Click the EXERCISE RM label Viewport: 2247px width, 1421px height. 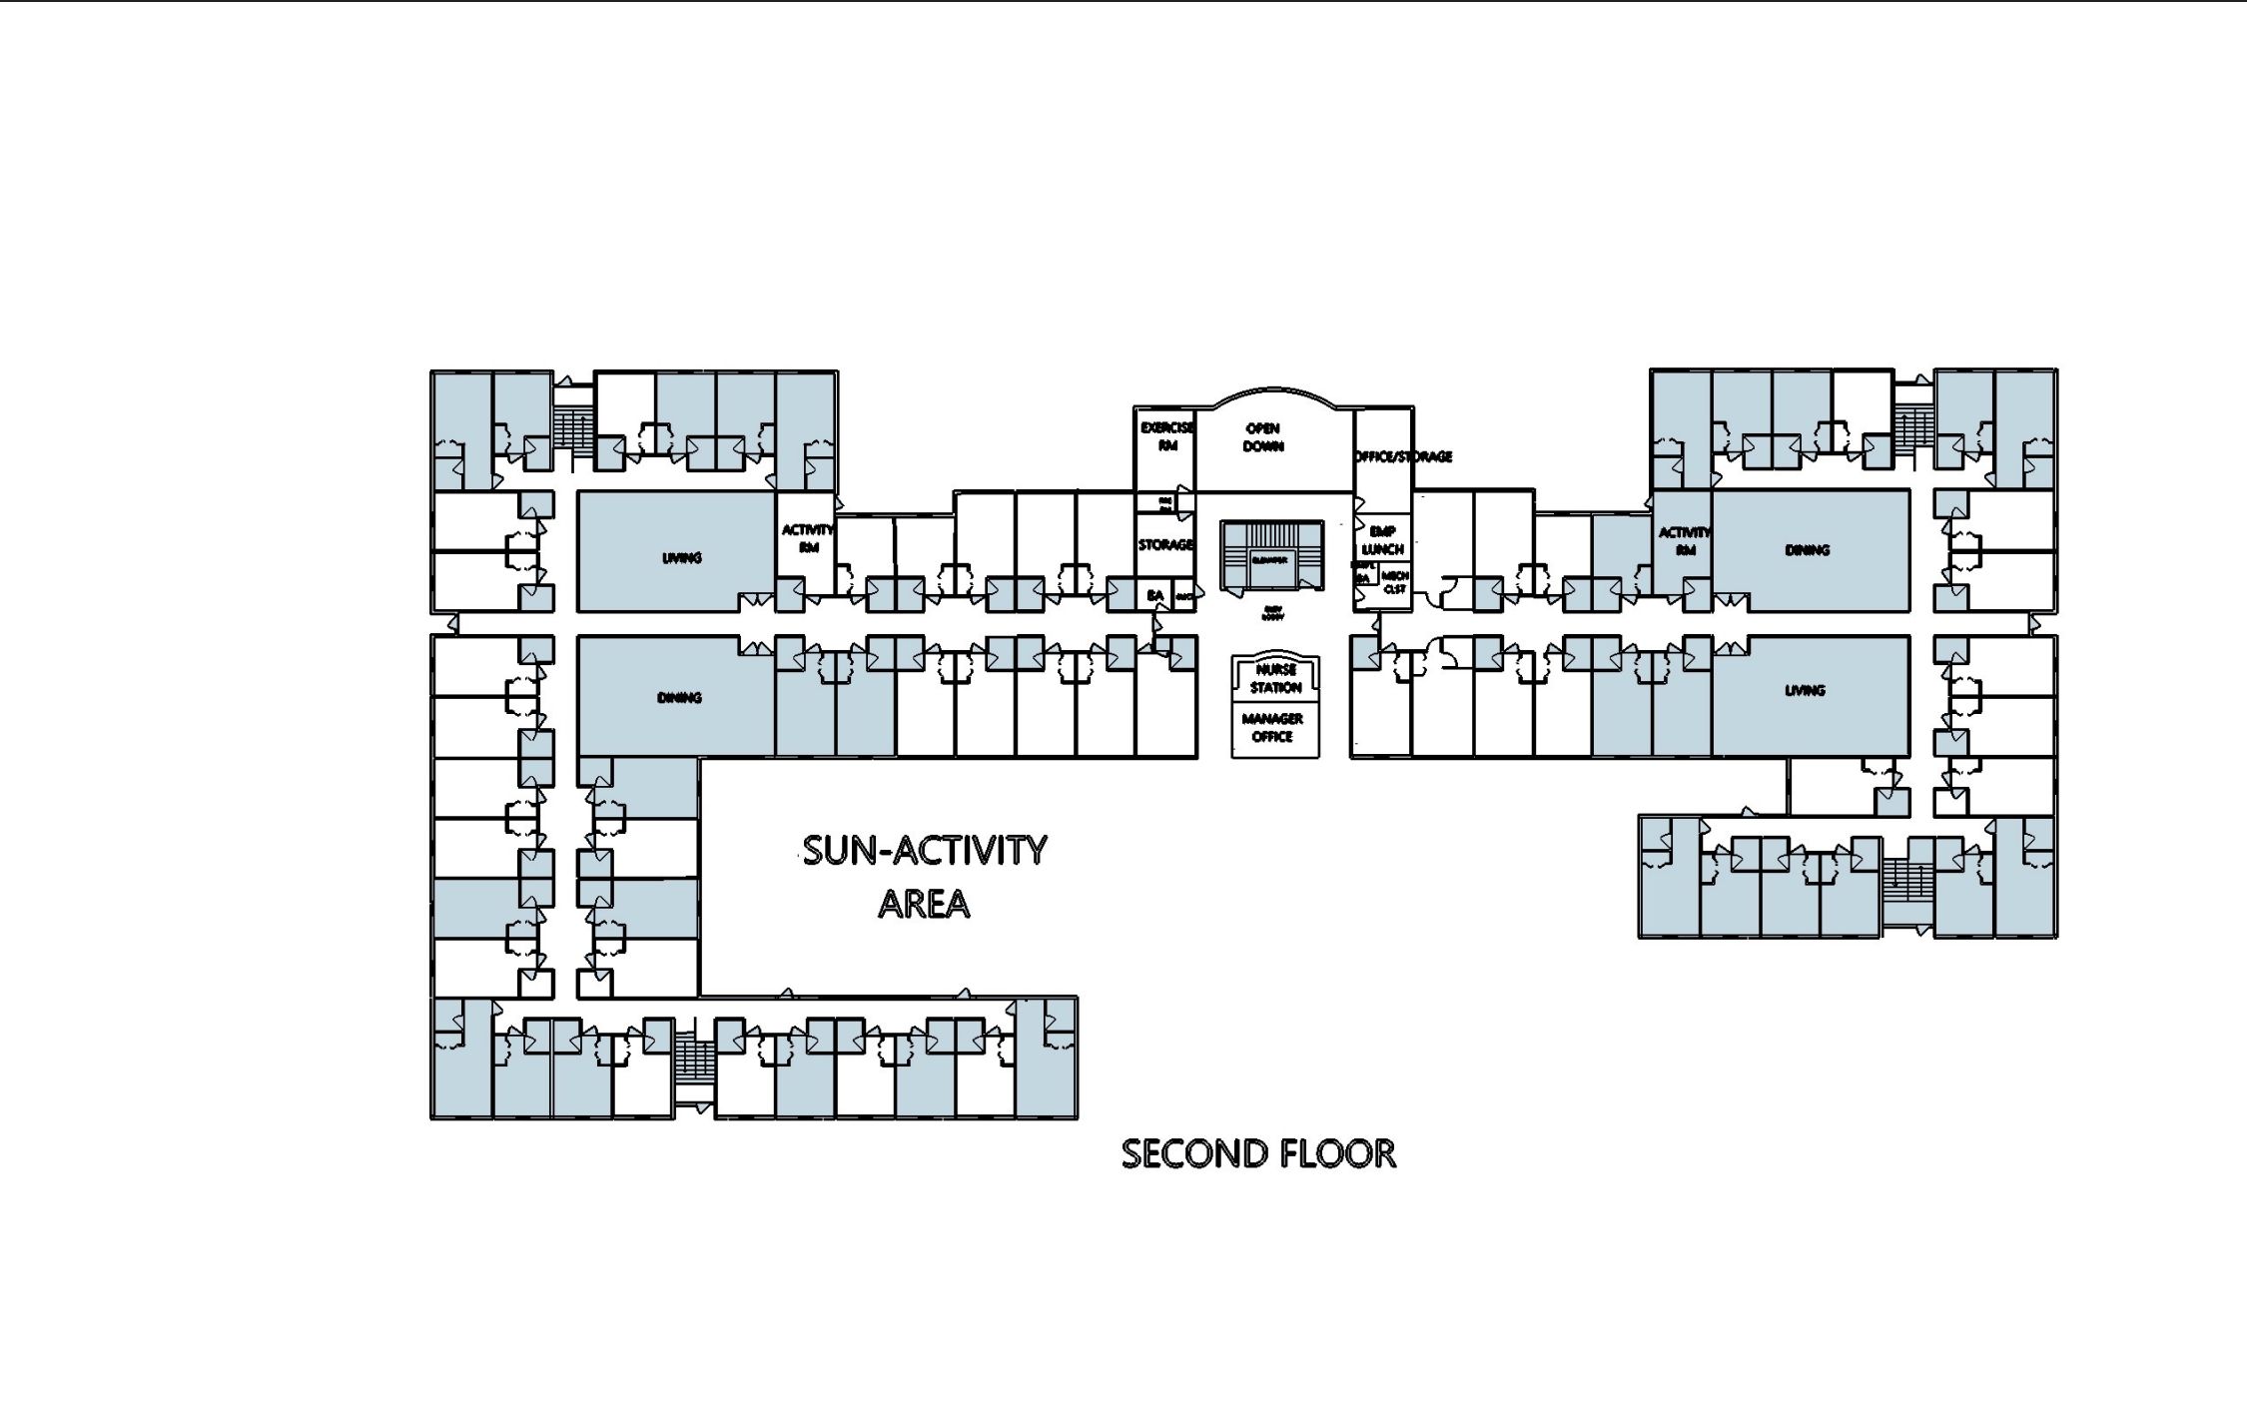(x=1166, y=436)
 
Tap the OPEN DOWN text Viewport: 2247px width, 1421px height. (x=1263, y=437)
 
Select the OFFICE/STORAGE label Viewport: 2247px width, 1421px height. (x=1403, y=456)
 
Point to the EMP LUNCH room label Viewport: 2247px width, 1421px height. (x=1383, y=540)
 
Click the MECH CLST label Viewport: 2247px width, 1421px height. (x=1395, y=582)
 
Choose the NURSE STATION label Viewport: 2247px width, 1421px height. (x=1275, y=678)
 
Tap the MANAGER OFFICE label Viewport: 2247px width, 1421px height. (x=1272, y=727)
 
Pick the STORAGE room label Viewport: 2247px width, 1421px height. (x=1165, y=544)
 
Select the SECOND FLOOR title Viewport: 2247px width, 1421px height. (x=1258, y=1153)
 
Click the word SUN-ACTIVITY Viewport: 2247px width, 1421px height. (x=925, y=851)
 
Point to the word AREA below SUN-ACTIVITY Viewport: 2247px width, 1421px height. (x=924, y=904)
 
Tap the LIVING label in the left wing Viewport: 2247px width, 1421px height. (x=682, y=557)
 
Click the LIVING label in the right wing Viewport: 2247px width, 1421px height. (x=1805, y=690)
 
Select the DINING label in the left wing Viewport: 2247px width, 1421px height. (x=679, y=697)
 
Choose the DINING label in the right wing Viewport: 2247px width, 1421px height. (x=1808, y=549)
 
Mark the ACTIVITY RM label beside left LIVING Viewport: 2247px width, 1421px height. (x=807, y=538)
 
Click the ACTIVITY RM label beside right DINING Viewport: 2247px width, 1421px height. (x=1685, y=540)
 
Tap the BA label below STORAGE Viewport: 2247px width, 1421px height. (x=1155, y=595)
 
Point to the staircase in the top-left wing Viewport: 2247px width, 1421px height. (x=573, y=430)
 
